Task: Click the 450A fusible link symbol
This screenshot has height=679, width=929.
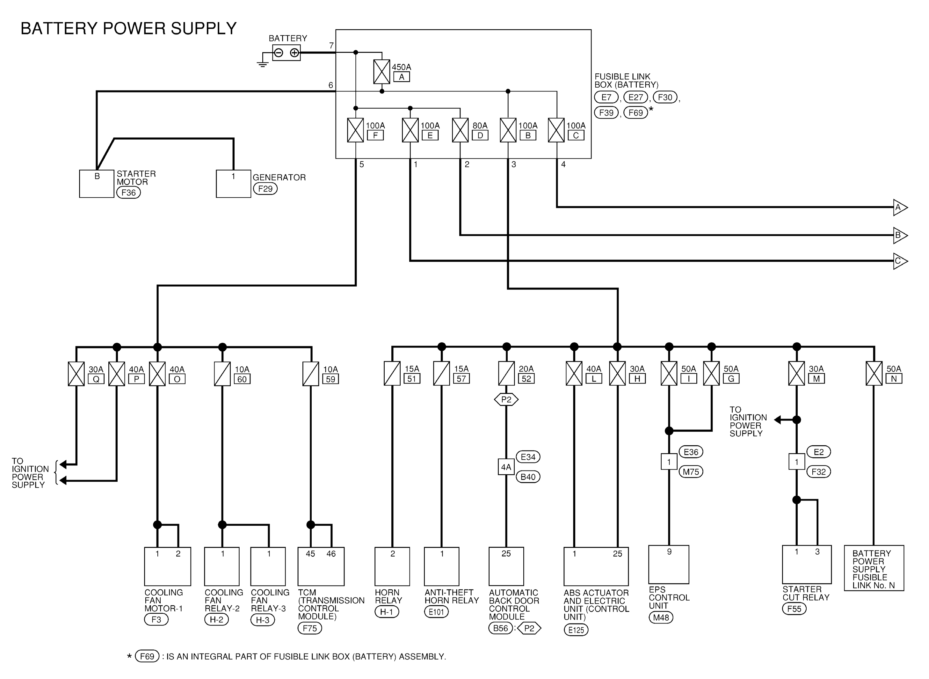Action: pos(382,72)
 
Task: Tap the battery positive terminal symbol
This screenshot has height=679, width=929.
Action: pos(294,53)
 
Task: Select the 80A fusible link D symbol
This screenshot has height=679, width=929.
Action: pos(460,130)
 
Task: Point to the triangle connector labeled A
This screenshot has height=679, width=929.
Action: pos(900,208)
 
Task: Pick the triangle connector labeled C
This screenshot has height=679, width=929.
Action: pos(900,261)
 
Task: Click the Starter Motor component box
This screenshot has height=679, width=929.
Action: pos(97,184)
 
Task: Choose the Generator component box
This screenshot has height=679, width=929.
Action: pos(233,184)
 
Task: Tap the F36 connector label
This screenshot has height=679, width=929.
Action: pos(129,192)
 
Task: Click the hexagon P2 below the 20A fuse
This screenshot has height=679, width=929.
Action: pos(506,399)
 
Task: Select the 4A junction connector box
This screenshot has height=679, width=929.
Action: pos(506,467)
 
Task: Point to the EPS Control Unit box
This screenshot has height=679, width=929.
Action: pos(669,564)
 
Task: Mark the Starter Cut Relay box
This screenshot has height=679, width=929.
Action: pos(807,564)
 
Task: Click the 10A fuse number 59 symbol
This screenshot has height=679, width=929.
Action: pos(311,374)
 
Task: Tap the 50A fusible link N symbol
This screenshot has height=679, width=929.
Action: pos(874,373)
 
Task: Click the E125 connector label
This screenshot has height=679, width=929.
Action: pos(576,630)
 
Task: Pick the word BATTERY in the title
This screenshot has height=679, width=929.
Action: pos(59,28)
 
